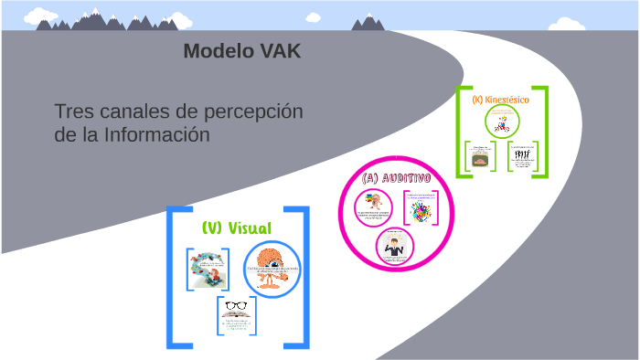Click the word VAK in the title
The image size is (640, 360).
[x=277, y=51]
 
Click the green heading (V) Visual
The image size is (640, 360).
[x=236, y=228]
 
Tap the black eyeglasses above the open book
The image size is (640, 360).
[x=236, y=305]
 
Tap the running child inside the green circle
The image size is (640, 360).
[x=502, y=122]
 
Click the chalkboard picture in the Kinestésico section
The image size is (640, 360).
[x=478, y=160]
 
